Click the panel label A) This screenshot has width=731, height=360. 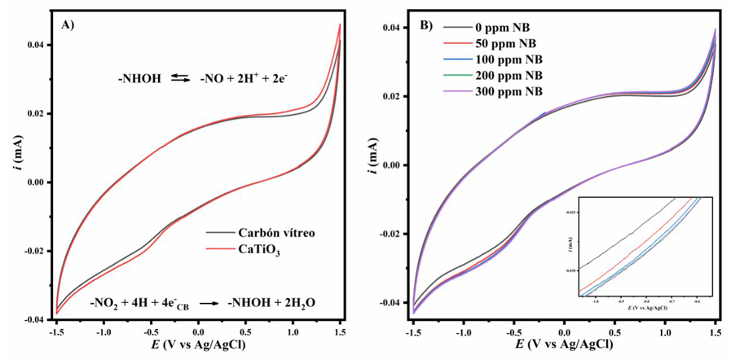pyautogui.click(x=68, y=24)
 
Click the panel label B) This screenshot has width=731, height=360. pyautogui.click(x=425, y=24)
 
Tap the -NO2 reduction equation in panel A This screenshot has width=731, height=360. pyautogui.click(x=202, y=303)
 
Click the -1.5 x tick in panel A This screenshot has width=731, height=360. pyautogui.click(x=56, y=332)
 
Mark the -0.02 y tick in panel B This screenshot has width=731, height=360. pyautogui.click(x=389, y=234)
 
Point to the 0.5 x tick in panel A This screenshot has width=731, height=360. pyautogui.click(x=244, y=332)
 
